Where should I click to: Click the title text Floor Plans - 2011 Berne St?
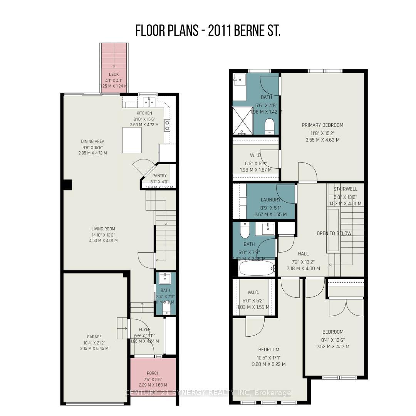(208, 31)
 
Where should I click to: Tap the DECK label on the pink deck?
(114, 74)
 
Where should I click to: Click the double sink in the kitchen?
(148, 102)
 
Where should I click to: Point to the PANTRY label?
(159, 176)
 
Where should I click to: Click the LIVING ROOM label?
(103, 229)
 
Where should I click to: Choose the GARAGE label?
(94, 337)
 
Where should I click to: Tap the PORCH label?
(153, 373)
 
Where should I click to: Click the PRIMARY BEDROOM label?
(322, 125)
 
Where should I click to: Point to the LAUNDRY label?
(270, 200)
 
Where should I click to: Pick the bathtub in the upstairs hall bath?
(257, 268)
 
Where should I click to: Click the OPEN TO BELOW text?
(334, 233)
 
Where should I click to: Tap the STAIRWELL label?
(345, 189)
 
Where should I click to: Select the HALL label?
(303, 254)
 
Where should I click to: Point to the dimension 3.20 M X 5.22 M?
(268, 364)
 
